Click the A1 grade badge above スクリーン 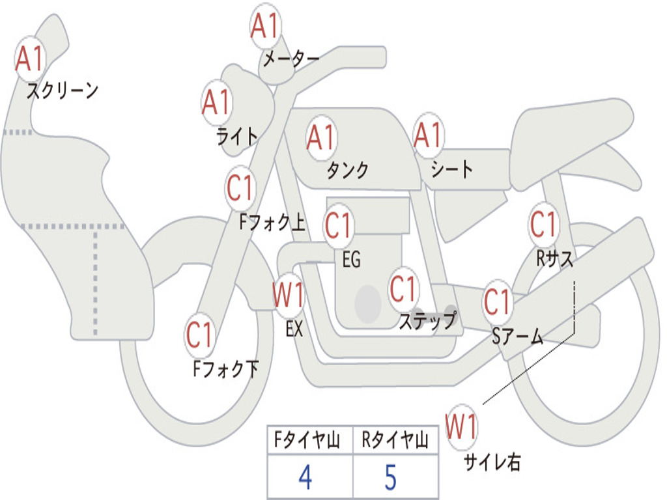pos(29,59)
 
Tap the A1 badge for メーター pos(265,27)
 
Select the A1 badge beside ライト pos(217,102)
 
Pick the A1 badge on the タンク pos(321,137)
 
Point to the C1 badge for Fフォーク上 pos(241,189)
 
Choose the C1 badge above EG pos(339,225)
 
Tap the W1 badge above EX pos(289,296)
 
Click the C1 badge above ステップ pos(403,288)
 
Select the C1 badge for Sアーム pos(498,302)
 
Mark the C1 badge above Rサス pos(543,225)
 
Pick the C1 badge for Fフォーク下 pos(200,335)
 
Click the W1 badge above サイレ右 pos(462,427)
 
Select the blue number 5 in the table pos(390,477)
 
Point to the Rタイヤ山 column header pos(395,441)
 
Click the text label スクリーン pos(63,90)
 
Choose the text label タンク pos(348,170)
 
